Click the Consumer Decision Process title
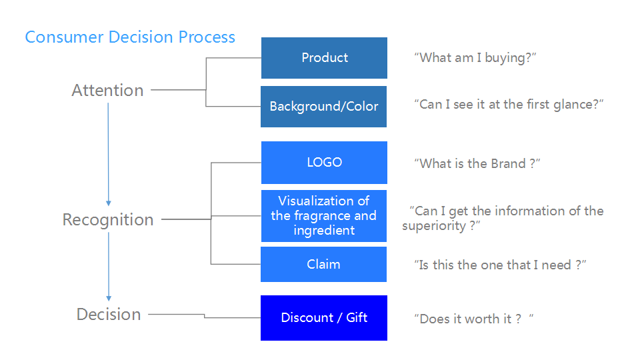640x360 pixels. (x=130, y=37)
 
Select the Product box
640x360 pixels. (x=324, y=58)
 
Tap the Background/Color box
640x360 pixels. (x=324, y=107)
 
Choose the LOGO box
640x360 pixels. (x=324, y=163)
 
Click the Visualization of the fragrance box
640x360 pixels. (x=324, y=216)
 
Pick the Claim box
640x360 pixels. (x=324, y=264)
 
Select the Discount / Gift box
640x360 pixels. (x=324, y=318)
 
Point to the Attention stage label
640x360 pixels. (x=108, y=90)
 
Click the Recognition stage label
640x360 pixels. (x=108, y=220)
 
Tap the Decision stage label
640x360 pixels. (x=109, y=314)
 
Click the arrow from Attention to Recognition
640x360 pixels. (x=108, y=154)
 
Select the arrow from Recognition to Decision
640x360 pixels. (x=109, y=267)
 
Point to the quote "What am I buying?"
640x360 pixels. (x=475, y=58)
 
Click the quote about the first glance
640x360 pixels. (x=509, y=105)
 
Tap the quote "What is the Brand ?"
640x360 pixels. (x=477, y=164)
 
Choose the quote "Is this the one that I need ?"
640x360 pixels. (x=500, y=265)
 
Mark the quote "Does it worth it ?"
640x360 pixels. (x=473, y=319)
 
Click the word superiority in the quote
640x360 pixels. (x=434, y=226)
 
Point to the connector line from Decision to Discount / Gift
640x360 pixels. (x=205, y=315)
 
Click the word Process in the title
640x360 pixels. (x=207, y=37)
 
